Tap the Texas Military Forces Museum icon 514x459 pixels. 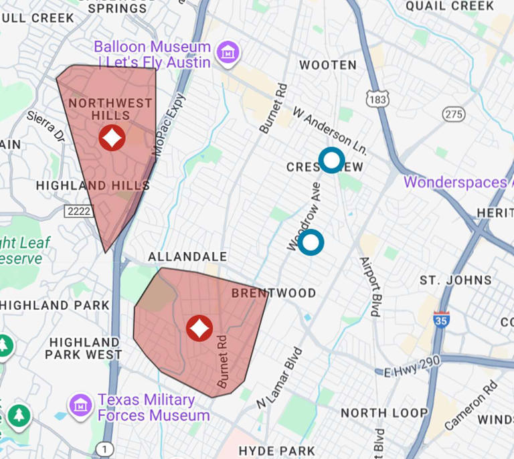80,405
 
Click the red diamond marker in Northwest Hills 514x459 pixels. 112,138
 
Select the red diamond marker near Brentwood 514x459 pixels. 199,328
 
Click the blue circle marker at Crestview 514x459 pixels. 331,160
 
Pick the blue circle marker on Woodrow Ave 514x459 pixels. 311,242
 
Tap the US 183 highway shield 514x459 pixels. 377,99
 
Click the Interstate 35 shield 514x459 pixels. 441,318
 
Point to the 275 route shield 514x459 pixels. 454,114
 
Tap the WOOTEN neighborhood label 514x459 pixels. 328,65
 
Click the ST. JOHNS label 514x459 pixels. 455,280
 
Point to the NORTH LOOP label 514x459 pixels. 383,413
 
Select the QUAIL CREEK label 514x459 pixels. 450,6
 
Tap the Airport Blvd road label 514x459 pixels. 370,286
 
